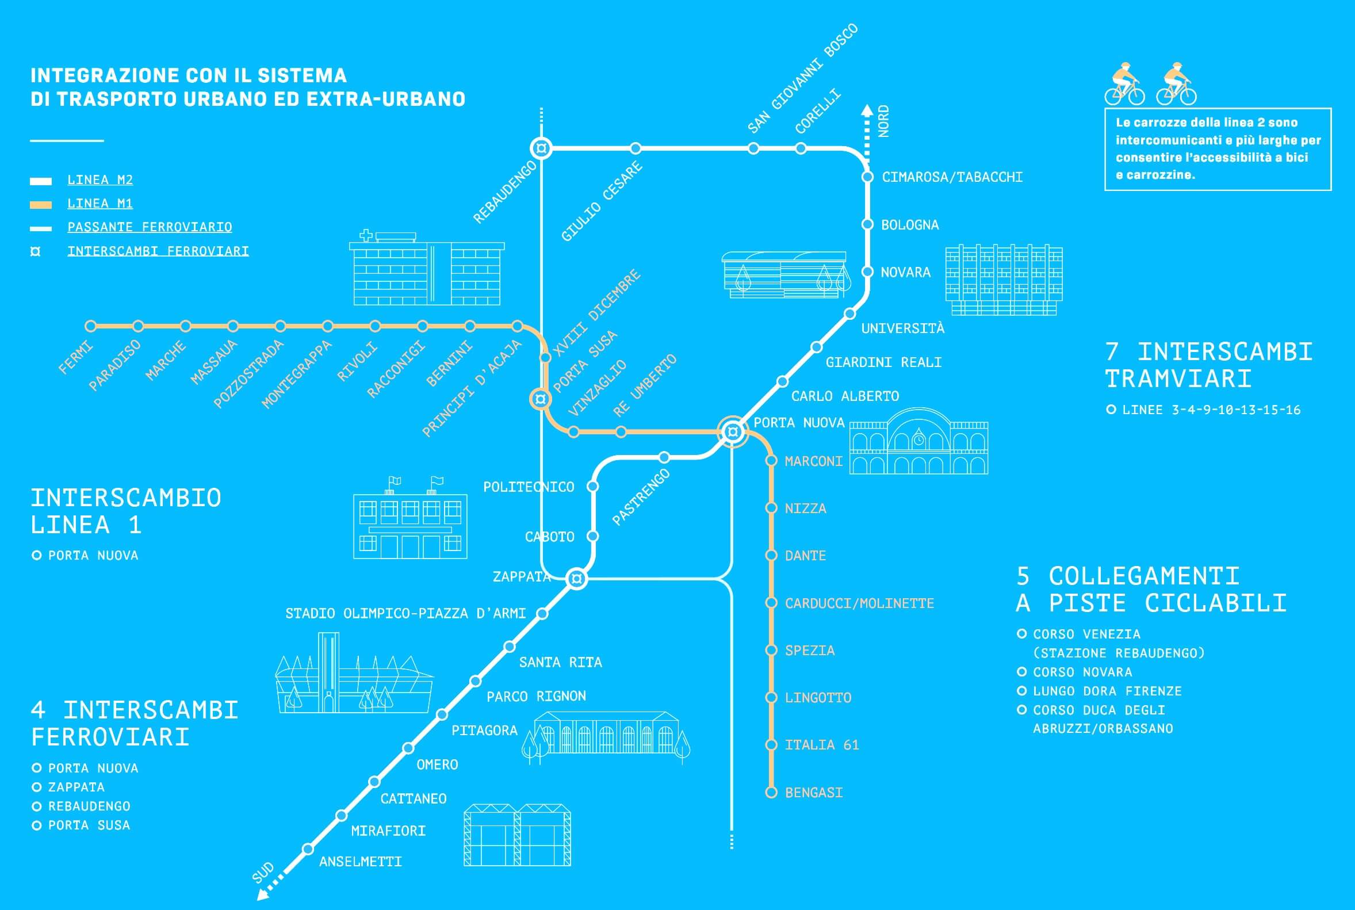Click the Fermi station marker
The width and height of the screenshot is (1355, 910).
click(x=90, y=326)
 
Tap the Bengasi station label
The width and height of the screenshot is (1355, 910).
click(x=814, y=792)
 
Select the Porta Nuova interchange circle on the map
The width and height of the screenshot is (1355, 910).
click(x=732, y=432)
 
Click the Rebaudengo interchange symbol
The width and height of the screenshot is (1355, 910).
click(x=541, y=148)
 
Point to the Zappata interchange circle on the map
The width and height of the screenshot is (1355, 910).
click(x=576, y=579)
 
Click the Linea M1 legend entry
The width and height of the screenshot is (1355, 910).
click(x=100, y=203)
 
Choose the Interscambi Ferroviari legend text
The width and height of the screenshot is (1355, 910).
click(x=158, y=251)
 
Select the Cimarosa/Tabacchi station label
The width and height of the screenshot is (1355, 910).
click(x=952, y=177)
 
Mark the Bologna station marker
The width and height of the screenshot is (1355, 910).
click(x=867, y=224)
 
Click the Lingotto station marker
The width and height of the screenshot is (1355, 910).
click(x=771, y=697)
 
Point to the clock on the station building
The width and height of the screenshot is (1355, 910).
click(x=918, y=441)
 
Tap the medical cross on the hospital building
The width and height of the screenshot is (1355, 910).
click(x=366, y=235)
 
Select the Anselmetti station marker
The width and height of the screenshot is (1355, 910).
click(x=308, y=849)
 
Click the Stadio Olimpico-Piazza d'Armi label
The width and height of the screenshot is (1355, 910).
click(x=405, y=613)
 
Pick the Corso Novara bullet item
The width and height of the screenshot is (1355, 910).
click(x=1082, y=672)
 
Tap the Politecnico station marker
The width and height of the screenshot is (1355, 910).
click(x=593, y=485)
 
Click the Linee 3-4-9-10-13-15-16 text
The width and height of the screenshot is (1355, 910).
click(x=1211, y=410)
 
